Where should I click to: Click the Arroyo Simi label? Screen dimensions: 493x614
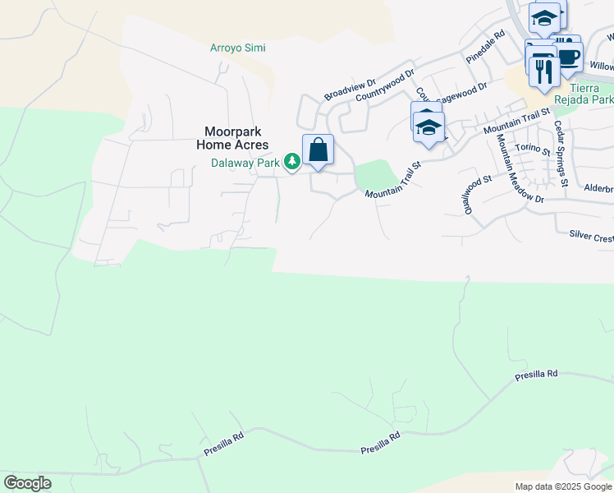click(237, 48)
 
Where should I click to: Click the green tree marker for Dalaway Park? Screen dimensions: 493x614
click(291, 160)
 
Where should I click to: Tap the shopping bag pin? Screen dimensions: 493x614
click(318, 150)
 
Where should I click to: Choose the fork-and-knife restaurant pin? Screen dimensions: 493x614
click(543, 70)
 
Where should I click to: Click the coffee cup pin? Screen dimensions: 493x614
click(568, 58)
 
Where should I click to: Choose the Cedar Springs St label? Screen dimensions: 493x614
click(561, 154)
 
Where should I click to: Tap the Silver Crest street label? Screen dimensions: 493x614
click(591, 237)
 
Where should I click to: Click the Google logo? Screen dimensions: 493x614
click(28, 483)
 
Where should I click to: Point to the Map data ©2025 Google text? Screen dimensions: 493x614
click(562, 486)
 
